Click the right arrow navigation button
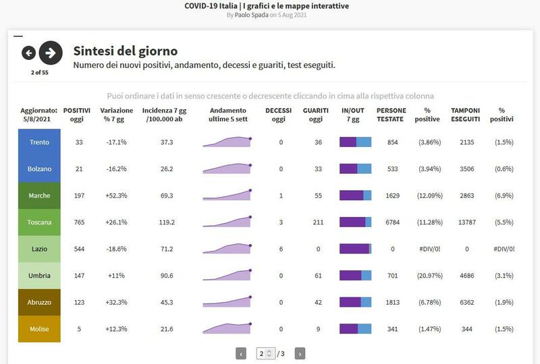click(51, 53)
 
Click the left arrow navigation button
click(28, 53)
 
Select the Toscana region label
click(40, 222)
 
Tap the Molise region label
click(40, 329)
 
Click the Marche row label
click(40, 195)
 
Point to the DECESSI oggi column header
click(279, 115)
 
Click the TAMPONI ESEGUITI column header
click(465, 115)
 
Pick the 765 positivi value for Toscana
click(79, 222)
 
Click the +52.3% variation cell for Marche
click(116, 195)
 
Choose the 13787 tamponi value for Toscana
click(467, 222)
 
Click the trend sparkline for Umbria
click(227, 275)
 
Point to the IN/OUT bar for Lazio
click(355, 249)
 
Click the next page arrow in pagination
click(300, 353)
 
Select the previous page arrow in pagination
click(241, 353)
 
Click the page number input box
click(265, 353)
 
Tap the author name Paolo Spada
click(250, 15)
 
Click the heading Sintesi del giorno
click(125, 51)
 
